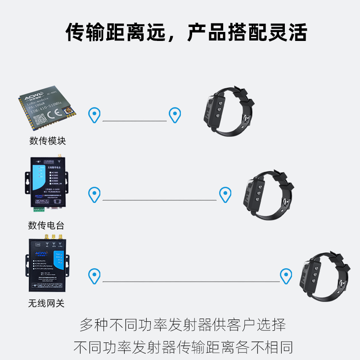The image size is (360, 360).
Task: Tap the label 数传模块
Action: pos(48,141)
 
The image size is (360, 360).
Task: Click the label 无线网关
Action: pos(46,303)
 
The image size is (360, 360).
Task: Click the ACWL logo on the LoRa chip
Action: pos(33,96)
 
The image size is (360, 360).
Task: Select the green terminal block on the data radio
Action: pos(39,209)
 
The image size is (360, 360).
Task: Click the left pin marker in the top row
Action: pos(94,115)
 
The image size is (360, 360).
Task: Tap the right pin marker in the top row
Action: pos(175,115)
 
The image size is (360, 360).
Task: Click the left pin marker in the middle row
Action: pos(94,194)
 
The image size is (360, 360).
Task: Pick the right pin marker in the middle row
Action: pos(225,194)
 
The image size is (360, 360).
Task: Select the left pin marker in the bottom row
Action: pos(94,275)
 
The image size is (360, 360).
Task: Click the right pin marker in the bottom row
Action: pos(286,275)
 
